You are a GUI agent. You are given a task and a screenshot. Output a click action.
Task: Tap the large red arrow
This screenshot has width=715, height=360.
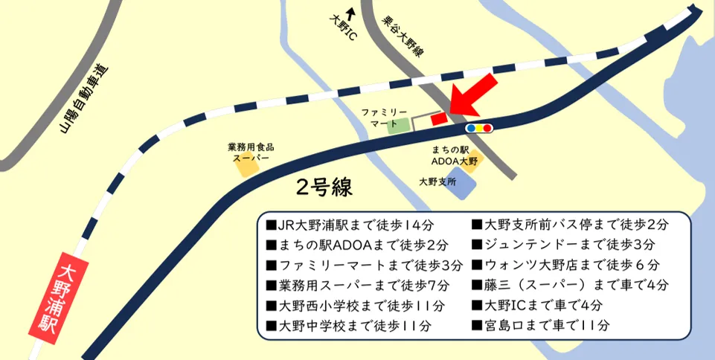(x=473, y=92)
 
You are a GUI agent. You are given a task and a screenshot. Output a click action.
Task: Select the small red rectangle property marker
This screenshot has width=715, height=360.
(x=439, y=117)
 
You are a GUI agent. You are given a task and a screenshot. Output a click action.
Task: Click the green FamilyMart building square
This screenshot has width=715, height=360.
(x=400, y=125)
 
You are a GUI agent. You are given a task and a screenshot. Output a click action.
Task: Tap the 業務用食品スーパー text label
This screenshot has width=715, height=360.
(x=250, y=152)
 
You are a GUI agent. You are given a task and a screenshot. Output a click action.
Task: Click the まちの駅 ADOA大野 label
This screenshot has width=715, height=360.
(x=450, y=155)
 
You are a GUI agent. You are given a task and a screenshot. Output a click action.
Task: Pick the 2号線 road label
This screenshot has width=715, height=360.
(x=324, y=187)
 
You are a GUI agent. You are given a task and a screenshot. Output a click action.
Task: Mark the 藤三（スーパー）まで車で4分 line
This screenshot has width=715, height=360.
(x=570, y=284)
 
